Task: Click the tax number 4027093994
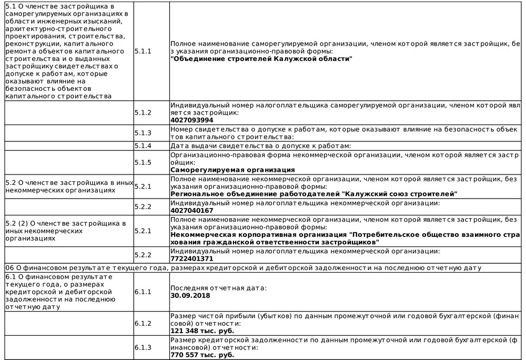pos(192,120)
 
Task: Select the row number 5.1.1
pos(143,52)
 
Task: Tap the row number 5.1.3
pos(143,133)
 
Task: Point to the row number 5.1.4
pos(143,146)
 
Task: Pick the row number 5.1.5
pos(143,162)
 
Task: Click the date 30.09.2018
pos(190,295)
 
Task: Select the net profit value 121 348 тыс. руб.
pos(203,331)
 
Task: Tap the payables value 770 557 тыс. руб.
pos(203,355)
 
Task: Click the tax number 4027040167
pos(192,210)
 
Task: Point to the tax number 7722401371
pos(192,259)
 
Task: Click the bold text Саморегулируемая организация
pos(232,170)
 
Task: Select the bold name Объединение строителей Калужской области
pos(261,59)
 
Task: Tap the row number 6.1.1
pos(143,291)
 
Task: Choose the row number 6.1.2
pos(143,323)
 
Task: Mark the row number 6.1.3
pos(143,347)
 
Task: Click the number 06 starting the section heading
pos(9,268)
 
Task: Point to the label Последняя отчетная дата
pos(219,288)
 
